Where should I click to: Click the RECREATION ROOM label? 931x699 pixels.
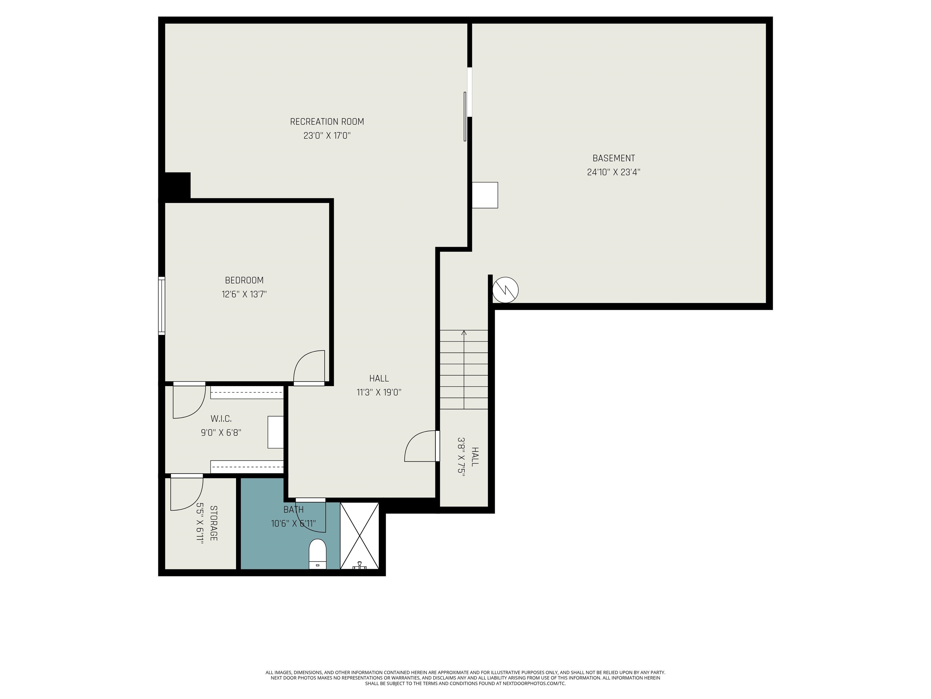[x=327, y=122]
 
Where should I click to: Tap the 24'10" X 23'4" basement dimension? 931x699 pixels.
[x=614, y=172]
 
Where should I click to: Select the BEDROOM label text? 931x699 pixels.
[x=244, y=281]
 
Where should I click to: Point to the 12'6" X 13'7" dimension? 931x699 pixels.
[x=244, y=294]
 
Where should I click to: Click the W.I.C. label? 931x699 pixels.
[x=221, y=419]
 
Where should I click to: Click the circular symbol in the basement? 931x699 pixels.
[x=506, y=290]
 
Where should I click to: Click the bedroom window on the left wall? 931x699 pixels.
[x=162, y=306]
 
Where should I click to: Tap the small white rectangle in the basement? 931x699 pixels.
[x=485, y=195]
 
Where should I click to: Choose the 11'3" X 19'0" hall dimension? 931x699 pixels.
[x=379, y=393]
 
